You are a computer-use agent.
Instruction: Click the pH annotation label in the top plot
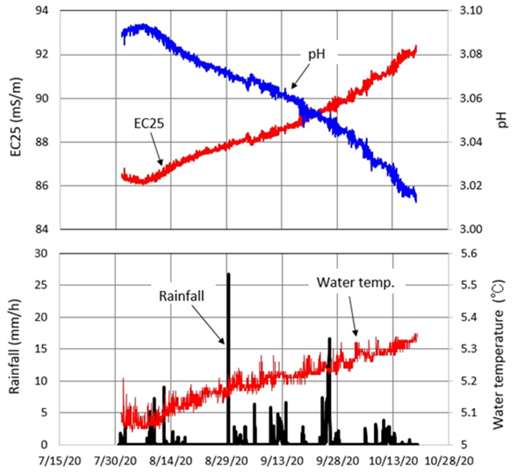[x=316, y=54]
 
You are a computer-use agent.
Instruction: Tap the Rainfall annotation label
[x=182, y=296]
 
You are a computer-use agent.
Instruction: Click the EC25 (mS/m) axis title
[x=16, y=120]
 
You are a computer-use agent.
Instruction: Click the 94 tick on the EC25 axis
[x=42, y=11]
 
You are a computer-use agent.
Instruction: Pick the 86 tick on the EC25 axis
[x=42, y=186]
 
